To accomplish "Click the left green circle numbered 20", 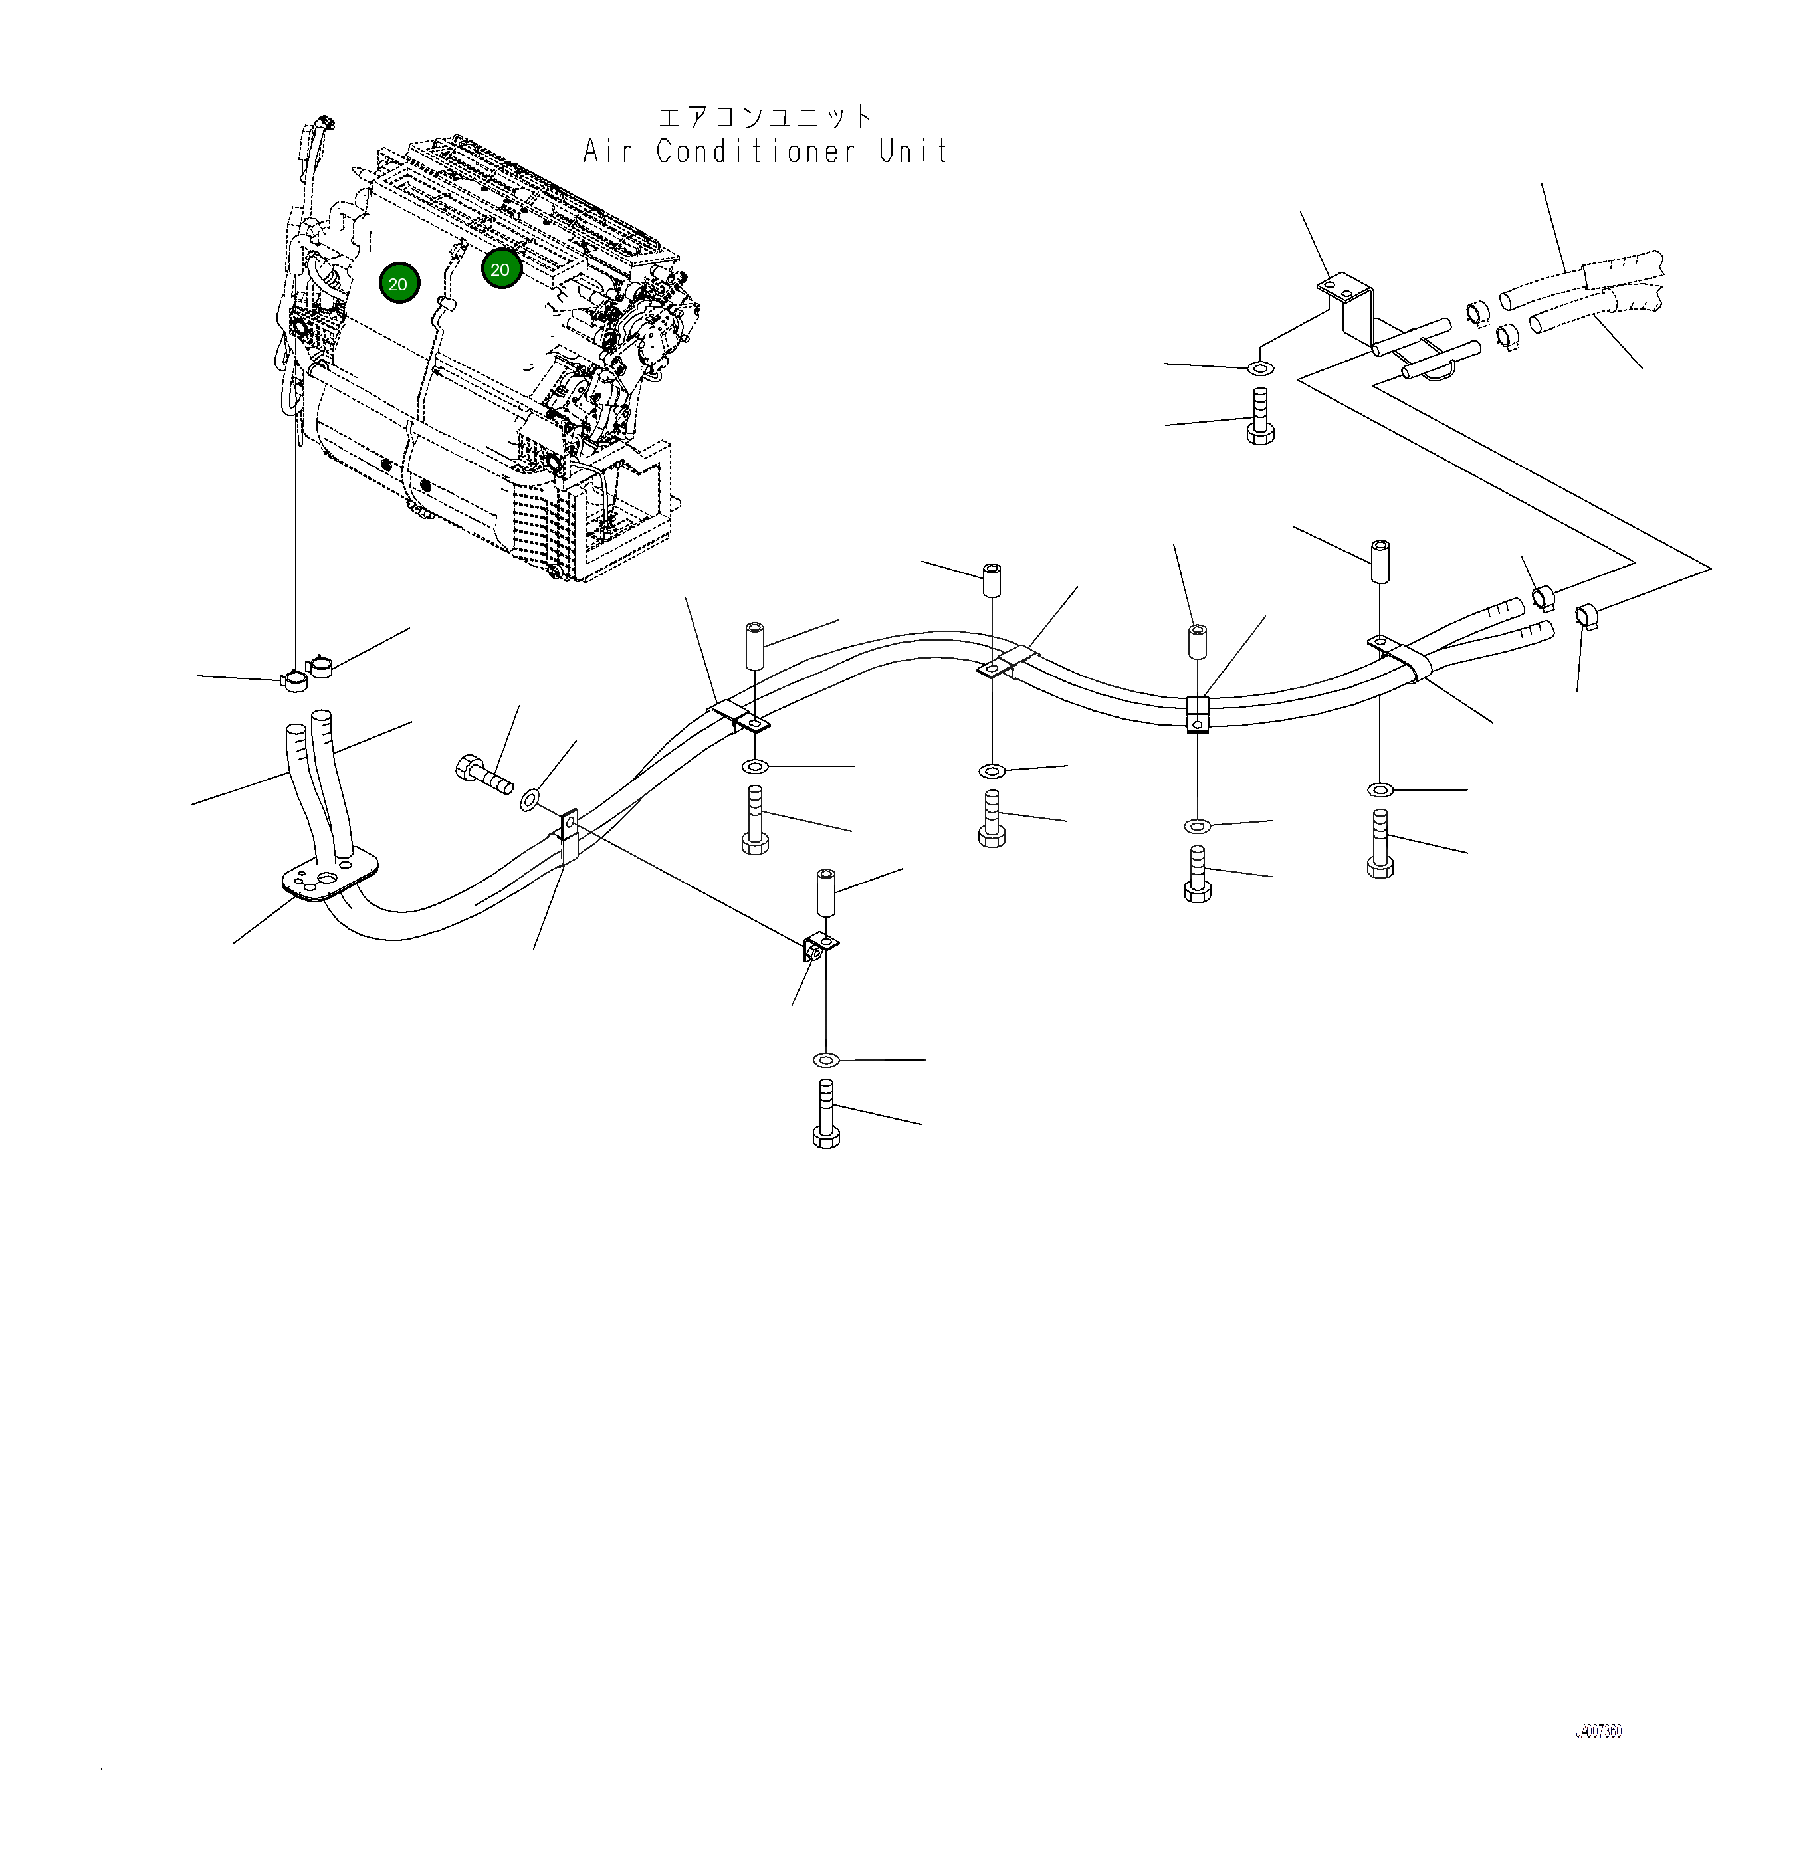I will click(x=398, y=284).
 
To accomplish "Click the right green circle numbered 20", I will click(x=500, y=269).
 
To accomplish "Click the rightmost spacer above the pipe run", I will click(x=1379, y=562).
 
